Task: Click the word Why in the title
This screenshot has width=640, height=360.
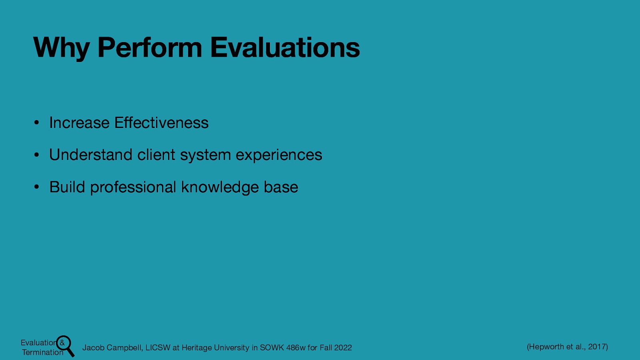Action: click(61, 48)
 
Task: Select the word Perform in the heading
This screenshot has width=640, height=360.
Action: click(150, 48)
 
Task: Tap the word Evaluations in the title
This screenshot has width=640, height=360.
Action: click(285, 48)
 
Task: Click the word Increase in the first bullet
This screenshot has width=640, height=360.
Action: click(79, 123)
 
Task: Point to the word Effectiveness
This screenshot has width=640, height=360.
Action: click(161, 123)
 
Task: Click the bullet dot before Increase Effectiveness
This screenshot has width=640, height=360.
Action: click(36, 123)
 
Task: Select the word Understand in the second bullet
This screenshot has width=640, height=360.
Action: click(90, 155)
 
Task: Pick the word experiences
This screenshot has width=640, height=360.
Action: click(279, 155)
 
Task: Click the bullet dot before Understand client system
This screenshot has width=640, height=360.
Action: click(36, 155)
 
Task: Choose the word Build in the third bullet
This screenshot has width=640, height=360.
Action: click(67, 187)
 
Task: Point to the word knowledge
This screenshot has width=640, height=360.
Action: click(220, 187)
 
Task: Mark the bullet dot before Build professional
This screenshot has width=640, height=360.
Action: click(36, 188)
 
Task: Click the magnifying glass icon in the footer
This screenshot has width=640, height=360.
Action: click(65, 345)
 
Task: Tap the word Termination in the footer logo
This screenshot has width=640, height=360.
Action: click(42, 352)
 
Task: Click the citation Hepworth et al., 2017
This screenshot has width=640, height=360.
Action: click(567, 347)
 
